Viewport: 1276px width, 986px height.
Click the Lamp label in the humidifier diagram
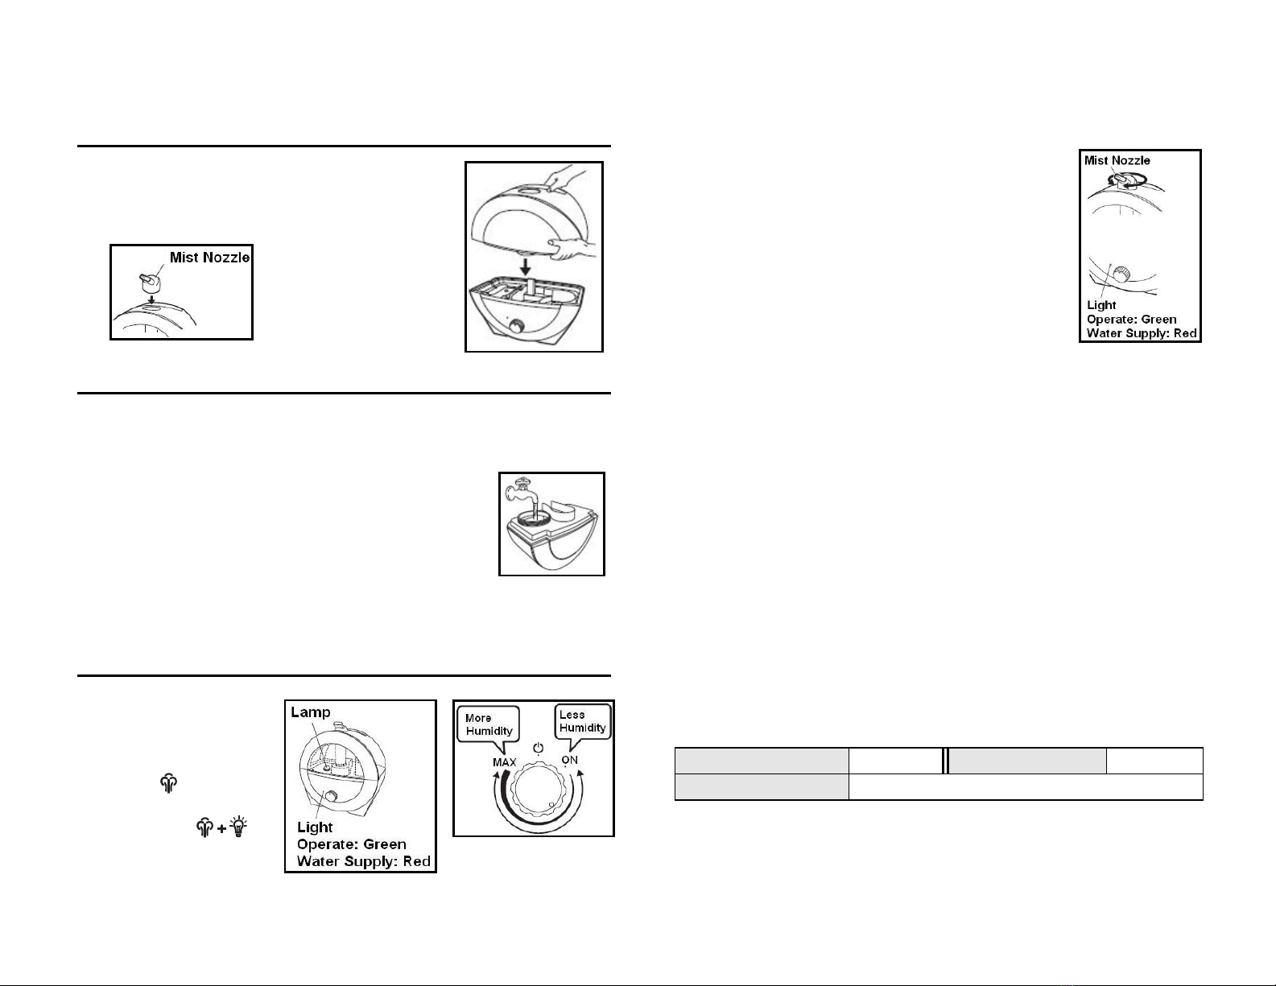pos(311,712)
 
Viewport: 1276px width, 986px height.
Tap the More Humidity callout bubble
pos(489,725)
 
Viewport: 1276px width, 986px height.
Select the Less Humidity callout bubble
pos(583,723)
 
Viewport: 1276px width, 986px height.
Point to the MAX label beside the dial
pos(505,762)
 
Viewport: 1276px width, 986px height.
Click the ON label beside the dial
pos(570,760)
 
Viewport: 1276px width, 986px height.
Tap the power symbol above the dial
pos(538,749)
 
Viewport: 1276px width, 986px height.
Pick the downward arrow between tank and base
pos(526,267)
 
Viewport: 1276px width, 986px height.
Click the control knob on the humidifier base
pos(517,327)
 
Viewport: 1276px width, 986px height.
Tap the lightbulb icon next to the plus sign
pos(238,827)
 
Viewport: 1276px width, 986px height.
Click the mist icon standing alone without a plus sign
pos(168,783)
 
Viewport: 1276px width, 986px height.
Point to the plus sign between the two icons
pos(221,829)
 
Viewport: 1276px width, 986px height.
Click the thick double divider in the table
pos(945,761)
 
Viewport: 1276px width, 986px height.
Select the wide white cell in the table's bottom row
pos(1026,787)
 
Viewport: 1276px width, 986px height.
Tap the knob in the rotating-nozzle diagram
pos(1121,274)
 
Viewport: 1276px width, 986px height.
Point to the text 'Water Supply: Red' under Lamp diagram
pos(364,861)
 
